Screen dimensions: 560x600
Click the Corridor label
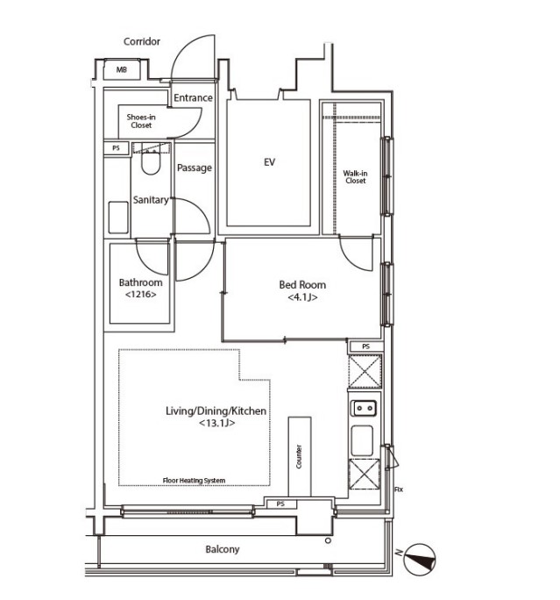[141, 42]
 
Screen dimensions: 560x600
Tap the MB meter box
[122, 69]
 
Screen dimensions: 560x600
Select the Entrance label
[193, 98]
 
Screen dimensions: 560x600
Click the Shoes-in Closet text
[141, 121]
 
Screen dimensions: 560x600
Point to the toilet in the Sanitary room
[151, 162]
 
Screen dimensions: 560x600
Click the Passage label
[195, 168]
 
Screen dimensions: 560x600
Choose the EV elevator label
[269, 162]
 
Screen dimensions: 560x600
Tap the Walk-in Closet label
[355, 177]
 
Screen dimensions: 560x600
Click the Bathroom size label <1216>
[141, 295]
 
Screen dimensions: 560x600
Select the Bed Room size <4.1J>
[302, 297]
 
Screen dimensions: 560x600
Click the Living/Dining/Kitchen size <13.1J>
[216, 423]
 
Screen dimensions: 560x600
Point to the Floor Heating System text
[194, 481]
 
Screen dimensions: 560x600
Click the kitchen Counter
[300, 456]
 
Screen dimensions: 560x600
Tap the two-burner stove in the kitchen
[364, 408]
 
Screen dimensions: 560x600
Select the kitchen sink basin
[362, 440]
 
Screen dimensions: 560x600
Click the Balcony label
[222, 549]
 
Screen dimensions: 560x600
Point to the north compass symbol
[419, 560]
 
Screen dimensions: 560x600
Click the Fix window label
[399, 489]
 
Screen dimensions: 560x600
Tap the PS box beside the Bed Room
[365, 346]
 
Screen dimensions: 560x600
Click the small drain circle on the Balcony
[328, 540]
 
